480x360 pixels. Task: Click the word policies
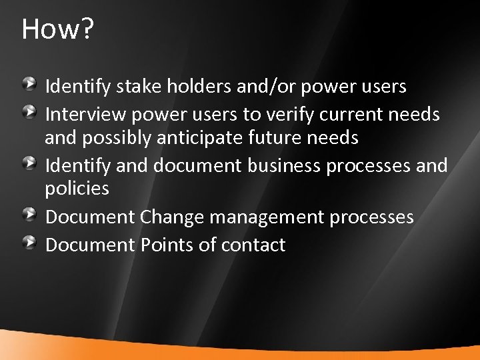[x=76, y=189]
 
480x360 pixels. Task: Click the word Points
[x=167, y=245]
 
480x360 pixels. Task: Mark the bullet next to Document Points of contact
[x=31, y=241]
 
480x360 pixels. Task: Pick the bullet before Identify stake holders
[x=31, y=84]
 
